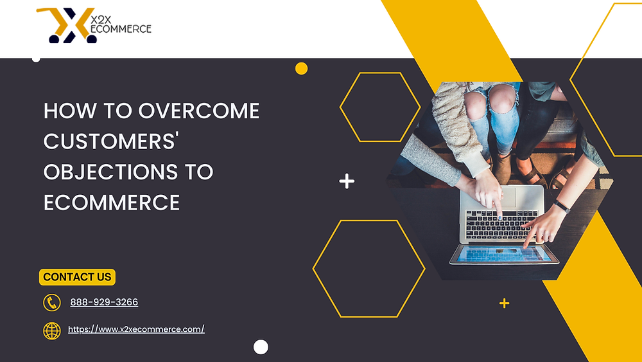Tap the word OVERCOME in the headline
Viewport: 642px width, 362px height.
(198, 111)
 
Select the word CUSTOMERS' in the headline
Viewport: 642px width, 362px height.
(110, 141)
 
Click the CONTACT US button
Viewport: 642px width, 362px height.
(77, 277)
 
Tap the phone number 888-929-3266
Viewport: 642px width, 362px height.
(104, 302)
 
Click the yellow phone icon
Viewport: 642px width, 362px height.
(51, 302)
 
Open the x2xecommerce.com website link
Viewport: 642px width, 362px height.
(136, 329)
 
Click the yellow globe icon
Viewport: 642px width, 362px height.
(51, 330)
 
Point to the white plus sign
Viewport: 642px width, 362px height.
(347, 182)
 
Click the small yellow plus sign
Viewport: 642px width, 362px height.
(505, 303)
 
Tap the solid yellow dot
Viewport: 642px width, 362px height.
(301, 68)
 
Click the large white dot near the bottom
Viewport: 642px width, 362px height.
(261, 347)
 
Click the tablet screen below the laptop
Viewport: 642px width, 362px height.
(503, 255)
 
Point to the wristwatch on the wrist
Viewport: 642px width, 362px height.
(562, 207)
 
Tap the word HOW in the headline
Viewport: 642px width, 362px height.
(64, 111)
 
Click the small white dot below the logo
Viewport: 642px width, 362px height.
(36, 59)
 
